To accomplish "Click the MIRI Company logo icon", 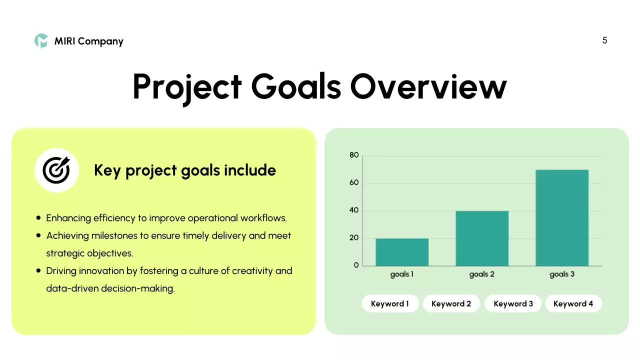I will (x=41, y=41).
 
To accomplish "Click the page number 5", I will (x=604, y=40).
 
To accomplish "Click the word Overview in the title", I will (x=428, y=86).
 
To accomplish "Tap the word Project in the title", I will (x=187, y=86).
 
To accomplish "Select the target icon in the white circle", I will (x=56, y=170).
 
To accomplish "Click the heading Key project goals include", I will (x=185, y=170).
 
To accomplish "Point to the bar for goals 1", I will (x=402, y=252).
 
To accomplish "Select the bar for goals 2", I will (x=482, y=238).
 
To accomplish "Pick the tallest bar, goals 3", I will (x=562, y=218).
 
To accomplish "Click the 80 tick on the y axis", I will (x=354, y=155).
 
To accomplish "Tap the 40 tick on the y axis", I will (x=354, y=210).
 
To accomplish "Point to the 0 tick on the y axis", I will (x=356, y=265).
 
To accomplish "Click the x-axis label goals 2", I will (x=481, y=274).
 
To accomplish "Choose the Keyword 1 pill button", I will (x=390, y=303).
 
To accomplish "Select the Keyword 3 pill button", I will (x=513, y=303).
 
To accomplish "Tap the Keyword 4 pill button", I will (x=573, y=303).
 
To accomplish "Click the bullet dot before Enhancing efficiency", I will (x=39, y=218).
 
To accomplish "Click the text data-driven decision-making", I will (x=110, y=288).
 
